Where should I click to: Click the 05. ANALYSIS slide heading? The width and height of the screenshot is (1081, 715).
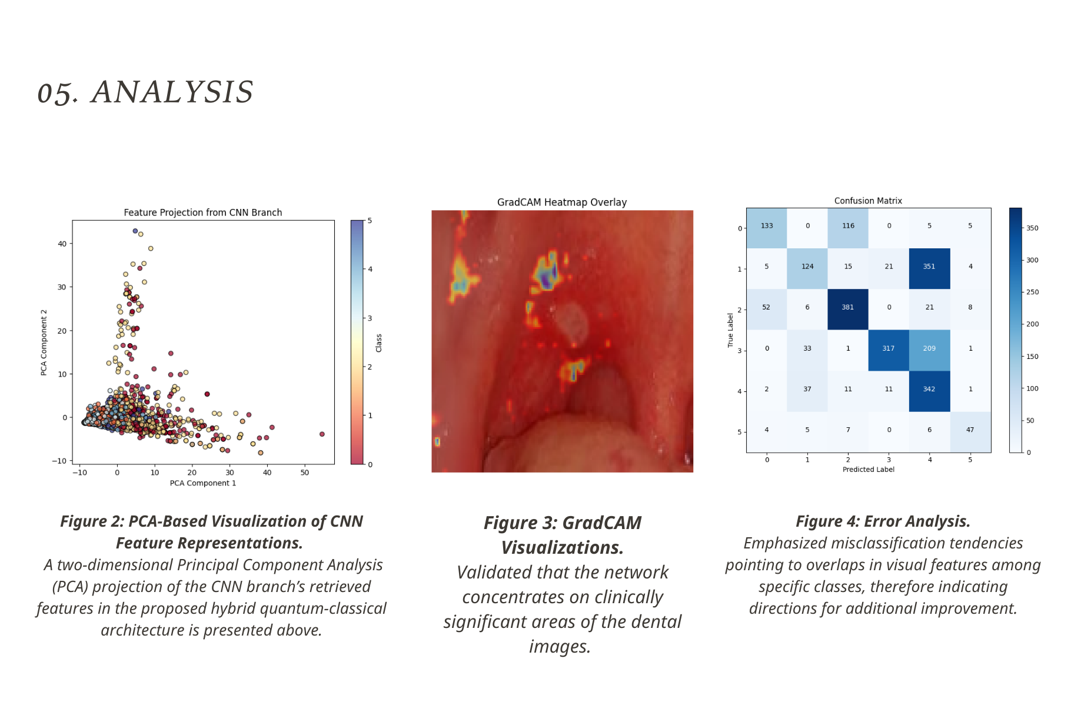pyautogui.click(x=145, y=92)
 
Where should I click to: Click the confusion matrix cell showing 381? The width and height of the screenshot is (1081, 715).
pyautogui.click(x=847, y=308)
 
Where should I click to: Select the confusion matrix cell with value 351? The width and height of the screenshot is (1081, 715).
pyautogui.click(x=929, y=267)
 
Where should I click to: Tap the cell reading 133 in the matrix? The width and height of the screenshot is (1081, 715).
pyautogui.click(x=767, y=227)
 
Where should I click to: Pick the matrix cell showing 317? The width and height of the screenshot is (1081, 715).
pyautogui.click(x=888, y=349)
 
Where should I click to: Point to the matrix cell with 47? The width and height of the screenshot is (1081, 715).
pyautogui.click(x=970, y=430)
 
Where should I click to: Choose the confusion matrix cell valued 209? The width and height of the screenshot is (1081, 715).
pyautogui.click(x=929, y=349)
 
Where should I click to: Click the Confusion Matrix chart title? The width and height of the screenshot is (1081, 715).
pyautogui.click(x=868, y=201)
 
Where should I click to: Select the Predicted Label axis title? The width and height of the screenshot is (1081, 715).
pyautogui.click(x=868, y=470)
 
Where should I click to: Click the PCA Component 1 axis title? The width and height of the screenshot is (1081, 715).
pyautogui.click(x=203, y=483)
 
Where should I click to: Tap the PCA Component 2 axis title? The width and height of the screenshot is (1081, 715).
pyautogui.click(x=44, y=342)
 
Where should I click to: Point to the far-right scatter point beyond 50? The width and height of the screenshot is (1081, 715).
pyautogui.click(x=322, y=434)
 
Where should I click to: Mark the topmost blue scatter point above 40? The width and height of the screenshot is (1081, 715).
pyautogui.click(x=135, y=231)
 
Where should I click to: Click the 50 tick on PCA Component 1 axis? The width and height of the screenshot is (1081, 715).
pyautogui.click(x=304, y=473)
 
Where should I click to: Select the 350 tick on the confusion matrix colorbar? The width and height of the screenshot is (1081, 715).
pyautogui.click(x=1032, y=228)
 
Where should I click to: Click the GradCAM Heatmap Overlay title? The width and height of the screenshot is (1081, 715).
pyautogui.click(x=562, y=202)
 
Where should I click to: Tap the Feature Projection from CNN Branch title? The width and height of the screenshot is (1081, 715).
pyautogui.click(x=202, y=212)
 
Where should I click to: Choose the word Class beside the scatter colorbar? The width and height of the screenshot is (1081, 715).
pyautogui.click(x=379, y=343)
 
